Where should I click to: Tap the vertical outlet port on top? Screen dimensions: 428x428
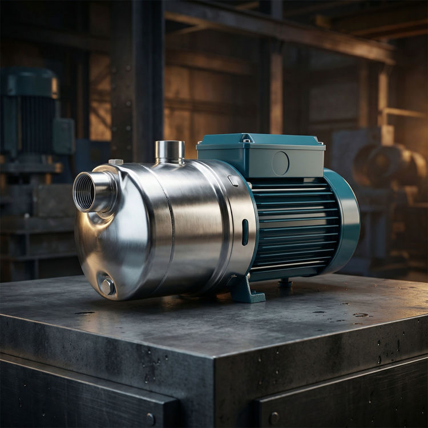tap(169, 151)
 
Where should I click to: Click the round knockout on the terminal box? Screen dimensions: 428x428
tap(280, 163)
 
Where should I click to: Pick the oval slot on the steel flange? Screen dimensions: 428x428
tap(245, 232)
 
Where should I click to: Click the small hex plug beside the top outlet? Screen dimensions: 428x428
tap(116, 162)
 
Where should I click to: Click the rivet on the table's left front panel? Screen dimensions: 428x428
tap(151, 419)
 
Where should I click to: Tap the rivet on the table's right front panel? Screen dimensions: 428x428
tap(274, 418)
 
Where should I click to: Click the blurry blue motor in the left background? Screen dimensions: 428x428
tap(31, 120)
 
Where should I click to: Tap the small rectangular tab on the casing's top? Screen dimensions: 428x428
tap(233, 180)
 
